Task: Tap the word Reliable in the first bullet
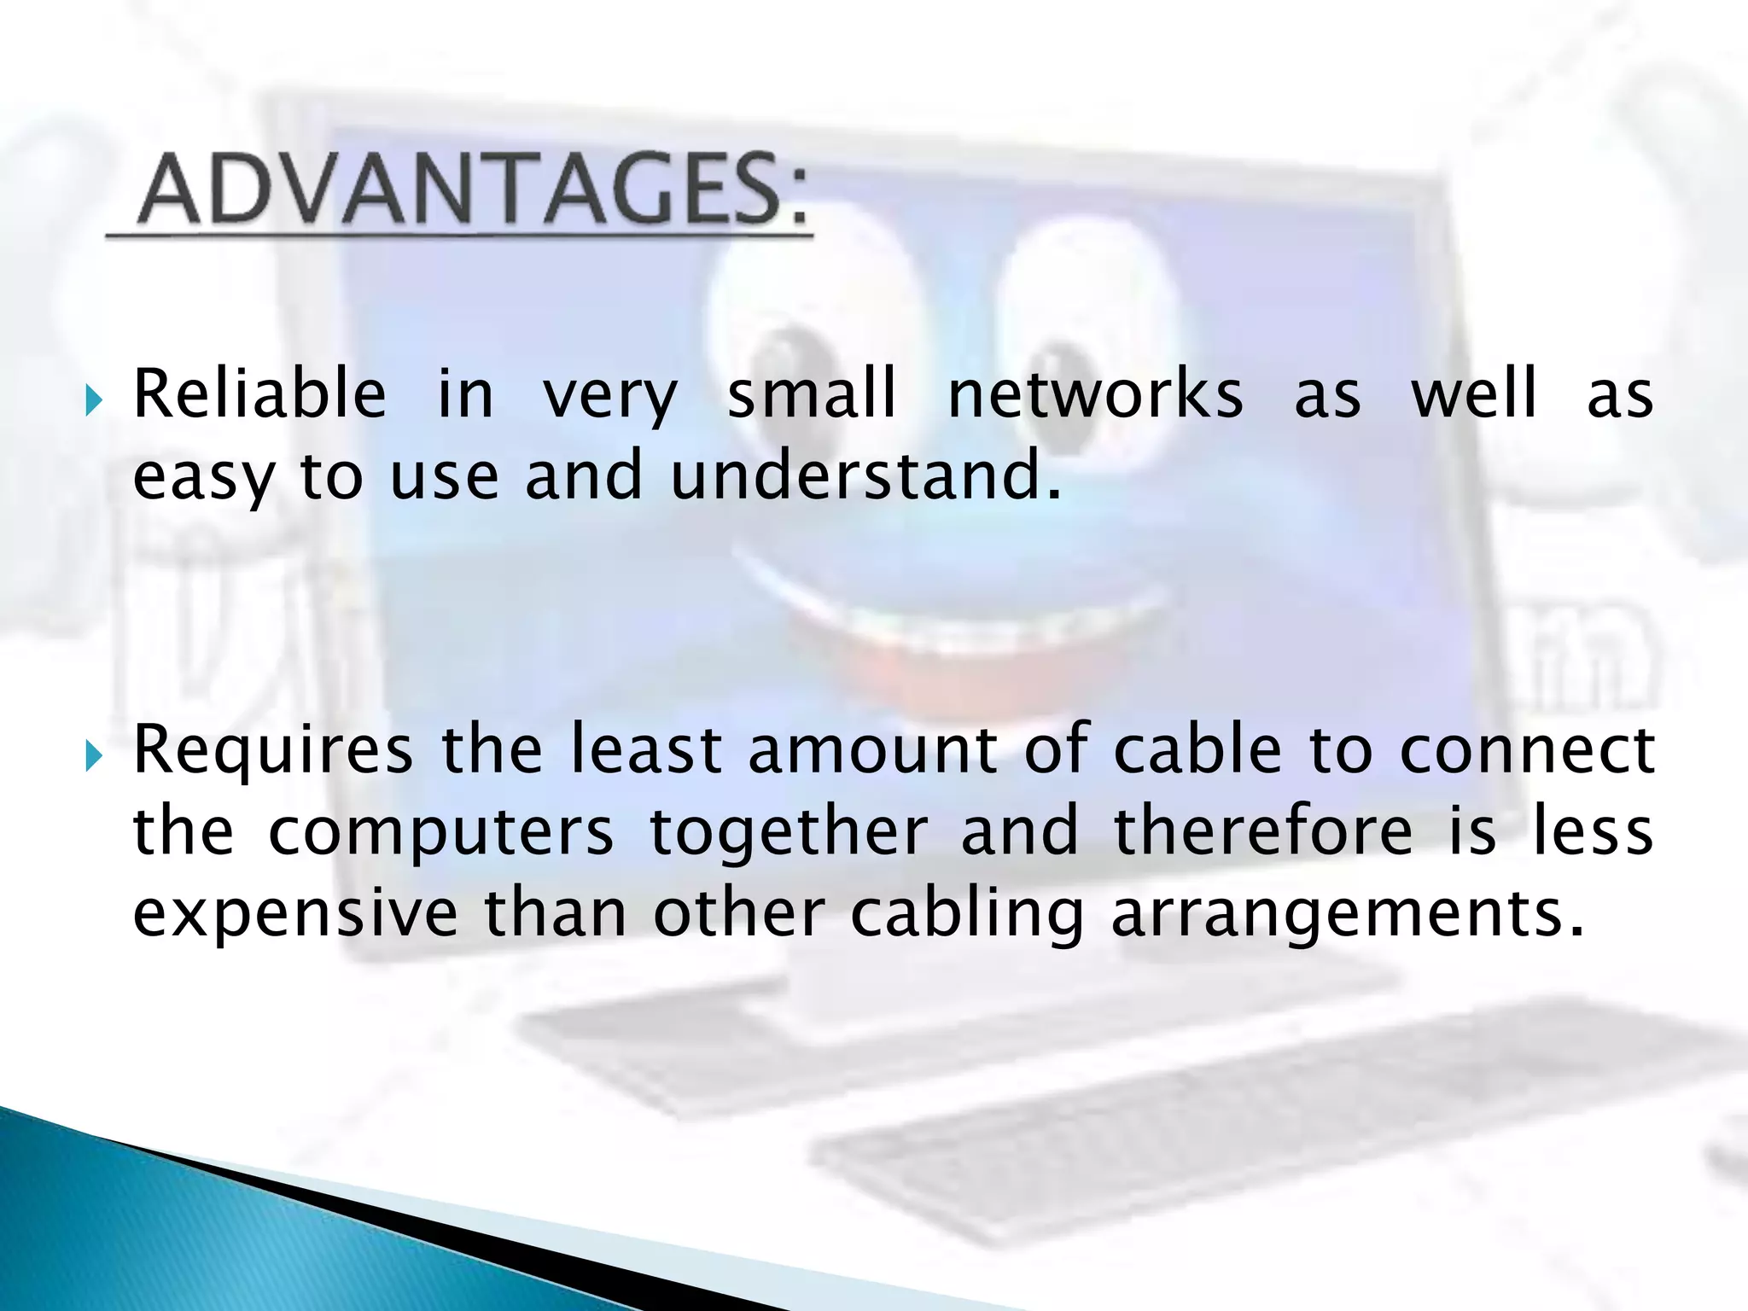pos(259,394)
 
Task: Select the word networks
pos(1095,394)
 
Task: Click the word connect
pos(1526,750)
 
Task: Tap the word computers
pos(440,832)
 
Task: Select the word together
pos(789,832)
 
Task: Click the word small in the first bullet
pos(811,394)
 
